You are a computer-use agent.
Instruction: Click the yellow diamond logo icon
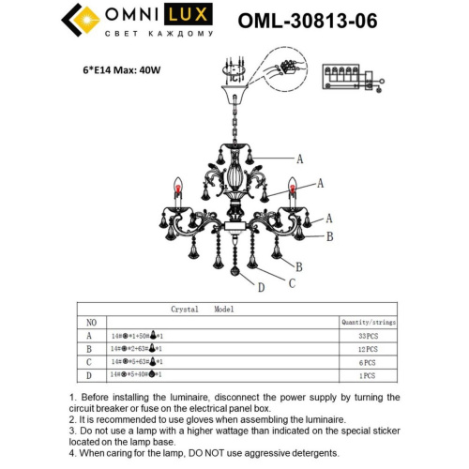click(79, 22)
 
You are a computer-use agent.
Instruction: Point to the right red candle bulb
click(292, 188)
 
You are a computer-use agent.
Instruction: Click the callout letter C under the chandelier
click(293, 282)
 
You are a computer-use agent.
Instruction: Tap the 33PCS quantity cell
click(368, 335)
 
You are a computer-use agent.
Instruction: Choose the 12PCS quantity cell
click(368, 348)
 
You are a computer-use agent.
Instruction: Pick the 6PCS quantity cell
click(368, 362)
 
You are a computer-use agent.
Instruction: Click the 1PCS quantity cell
click(368, 375)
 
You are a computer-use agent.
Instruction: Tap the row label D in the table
click(89, 375)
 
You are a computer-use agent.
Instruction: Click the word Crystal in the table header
click(184, 308)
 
